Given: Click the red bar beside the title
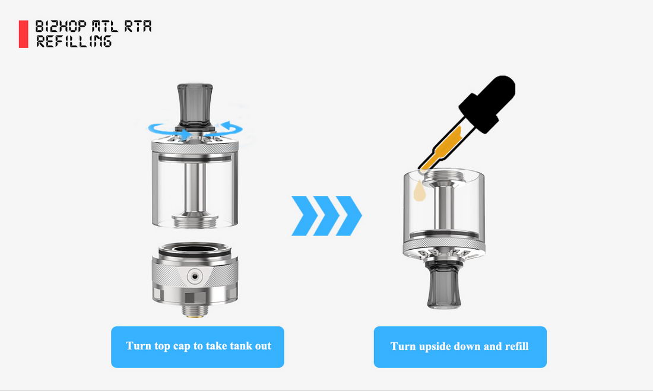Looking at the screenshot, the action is coord(23,34).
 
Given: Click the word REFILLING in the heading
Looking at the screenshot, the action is coord(74,41).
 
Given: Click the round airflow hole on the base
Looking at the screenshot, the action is coord(195,276).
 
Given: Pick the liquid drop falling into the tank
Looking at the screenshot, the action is coord(420,191).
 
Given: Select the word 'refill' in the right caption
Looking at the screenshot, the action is coord(517,347).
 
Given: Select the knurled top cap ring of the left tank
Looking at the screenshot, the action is coord(195,146).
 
